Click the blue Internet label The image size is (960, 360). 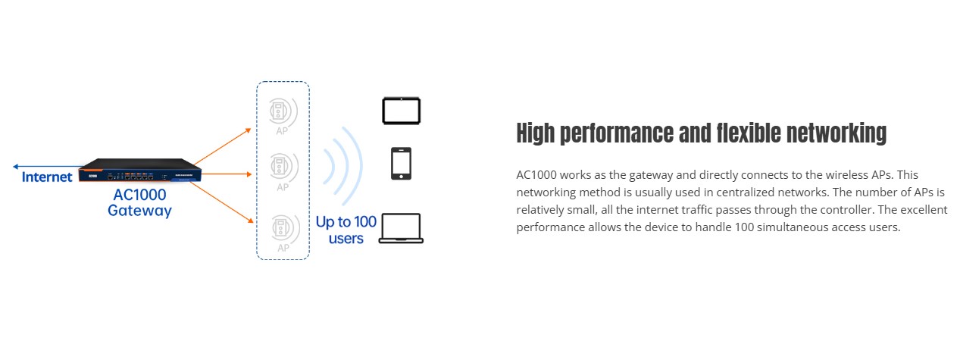[x=47, y=177]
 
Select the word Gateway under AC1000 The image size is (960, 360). [x=139, y=211]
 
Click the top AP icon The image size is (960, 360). [x=282, y=111]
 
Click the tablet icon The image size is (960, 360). [x=401, y=111]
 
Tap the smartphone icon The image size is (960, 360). [x=401, y=164]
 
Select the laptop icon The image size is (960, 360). [x=401, y=228]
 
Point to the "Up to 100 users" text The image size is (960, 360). [x=346, y=230]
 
